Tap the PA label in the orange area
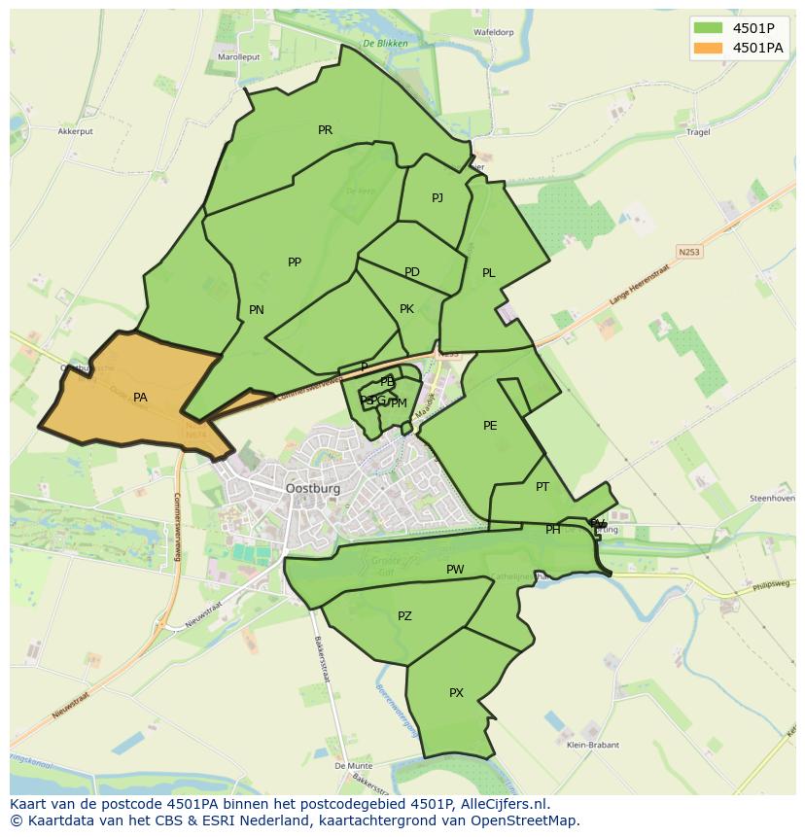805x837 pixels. point(140,398)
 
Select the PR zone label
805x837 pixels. point(325,130)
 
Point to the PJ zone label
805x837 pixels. point(437,198)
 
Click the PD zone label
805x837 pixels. point(412,272)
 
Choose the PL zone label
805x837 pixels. point(489,273)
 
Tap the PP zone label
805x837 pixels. point(295,262)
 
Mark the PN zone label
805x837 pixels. point(257,310)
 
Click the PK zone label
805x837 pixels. point(407,309)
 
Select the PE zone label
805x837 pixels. point(490,426)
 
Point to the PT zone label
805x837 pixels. point(542,487)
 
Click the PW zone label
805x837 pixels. point(455,570)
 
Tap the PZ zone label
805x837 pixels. point(404,616)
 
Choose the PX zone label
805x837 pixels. point(456,693)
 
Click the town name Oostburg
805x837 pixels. point(313,489)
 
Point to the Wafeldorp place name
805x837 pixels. point(493,32)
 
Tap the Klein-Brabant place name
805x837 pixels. point(592,746)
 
